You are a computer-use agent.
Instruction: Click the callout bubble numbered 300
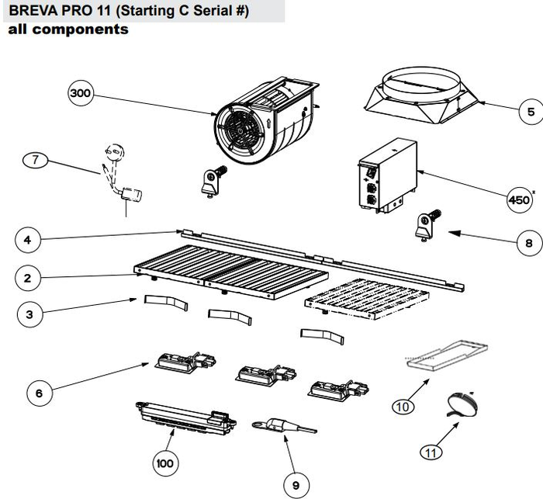point(80,95)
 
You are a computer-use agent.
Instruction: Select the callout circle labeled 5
point(530,112)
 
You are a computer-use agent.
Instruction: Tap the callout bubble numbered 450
point(518,199)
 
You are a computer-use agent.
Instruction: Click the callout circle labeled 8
point(528,242)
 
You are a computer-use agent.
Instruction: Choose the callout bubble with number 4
point(28,240)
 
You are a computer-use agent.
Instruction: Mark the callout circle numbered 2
point(28,276)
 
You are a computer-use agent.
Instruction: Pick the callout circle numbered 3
point(29,314)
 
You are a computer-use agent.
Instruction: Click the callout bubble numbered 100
point(164,463)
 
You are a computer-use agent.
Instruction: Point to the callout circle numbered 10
point(402,404)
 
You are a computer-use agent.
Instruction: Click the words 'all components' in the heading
point(67,30)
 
